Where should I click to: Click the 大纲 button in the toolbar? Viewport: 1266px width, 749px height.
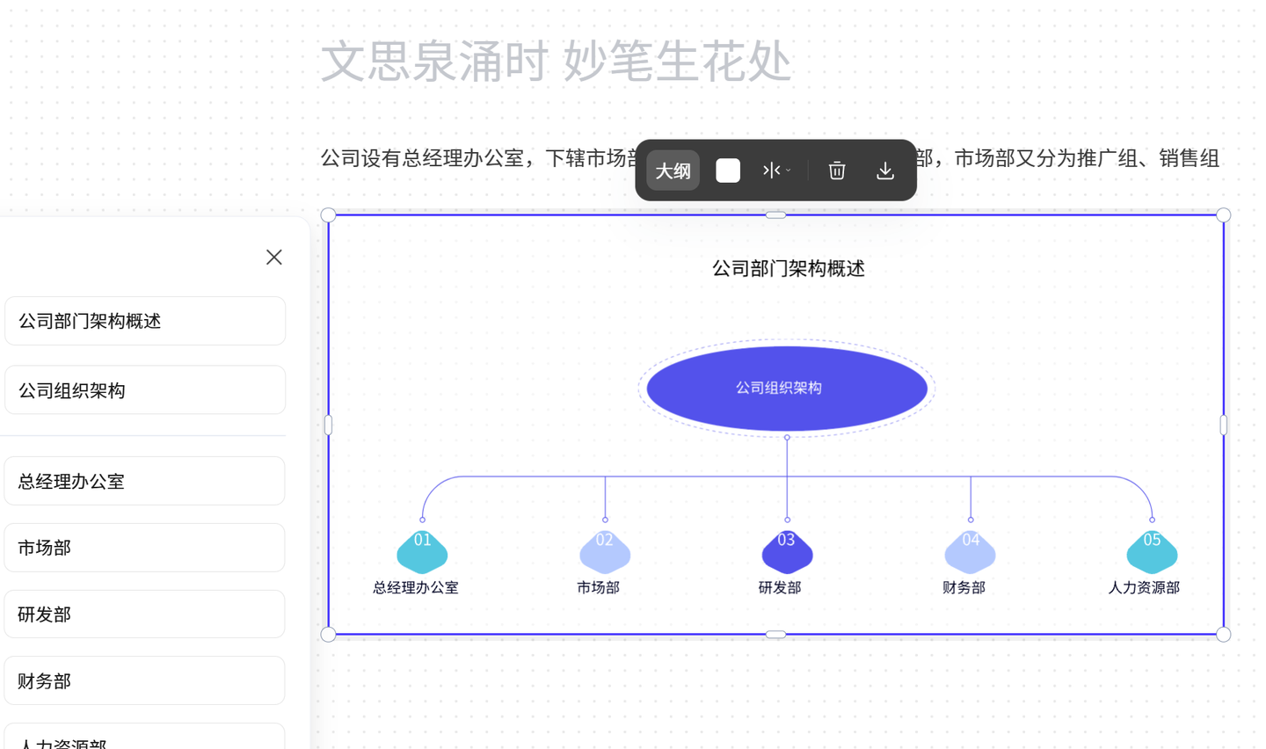tap(673, 171)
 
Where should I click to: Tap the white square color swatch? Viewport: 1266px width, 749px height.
tap(728, 171)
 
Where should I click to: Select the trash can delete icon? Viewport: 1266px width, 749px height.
tap(837, 171)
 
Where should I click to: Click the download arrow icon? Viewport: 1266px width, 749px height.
tap(885, 171)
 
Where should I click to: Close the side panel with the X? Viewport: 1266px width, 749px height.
tap(274, 257)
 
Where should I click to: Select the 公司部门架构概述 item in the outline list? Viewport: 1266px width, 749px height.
tap(144, 321)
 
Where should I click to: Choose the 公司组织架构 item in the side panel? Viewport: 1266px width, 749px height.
tap(144, 390)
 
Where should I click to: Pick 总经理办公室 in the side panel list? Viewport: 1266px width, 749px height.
tap(144, 481)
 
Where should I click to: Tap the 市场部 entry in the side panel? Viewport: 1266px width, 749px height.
tap(144, 548)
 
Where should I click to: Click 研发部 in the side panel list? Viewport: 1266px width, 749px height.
tap(144, 614)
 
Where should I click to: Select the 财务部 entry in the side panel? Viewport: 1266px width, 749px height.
tap(144, 680)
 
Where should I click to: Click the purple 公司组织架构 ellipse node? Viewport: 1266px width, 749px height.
tap(787, 388)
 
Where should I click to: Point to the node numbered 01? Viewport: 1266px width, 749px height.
tap(422, 551)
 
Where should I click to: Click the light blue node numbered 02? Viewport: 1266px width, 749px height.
tap(605, 551)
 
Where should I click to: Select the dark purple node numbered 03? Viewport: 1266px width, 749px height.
tap(787, 551)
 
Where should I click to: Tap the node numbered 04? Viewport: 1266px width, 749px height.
tap(970, 551)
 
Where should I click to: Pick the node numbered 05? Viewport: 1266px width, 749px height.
tap(1152, 551)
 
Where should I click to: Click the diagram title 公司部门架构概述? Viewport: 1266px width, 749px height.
tap(789, 268)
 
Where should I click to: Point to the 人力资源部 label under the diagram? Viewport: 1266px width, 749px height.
tap(1144, 587)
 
